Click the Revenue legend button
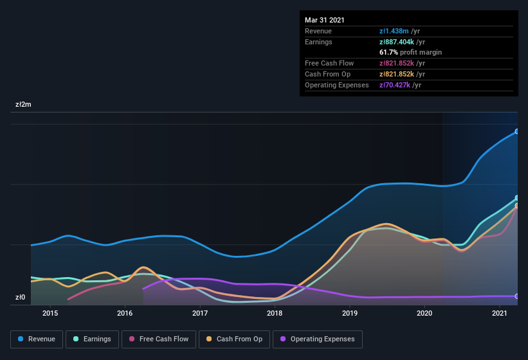37,339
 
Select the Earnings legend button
92,339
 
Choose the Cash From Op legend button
234,339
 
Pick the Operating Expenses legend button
318,339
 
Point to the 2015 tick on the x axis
50,313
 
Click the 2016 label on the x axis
125,313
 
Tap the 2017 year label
200,313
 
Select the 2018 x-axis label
275,313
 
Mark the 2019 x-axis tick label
350,313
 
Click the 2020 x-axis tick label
424,313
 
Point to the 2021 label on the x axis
500,313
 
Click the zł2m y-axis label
24,104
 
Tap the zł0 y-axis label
21,297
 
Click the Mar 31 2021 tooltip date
325,20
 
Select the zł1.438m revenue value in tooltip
395,31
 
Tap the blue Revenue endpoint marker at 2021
517,131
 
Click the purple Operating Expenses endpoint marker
517,296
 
